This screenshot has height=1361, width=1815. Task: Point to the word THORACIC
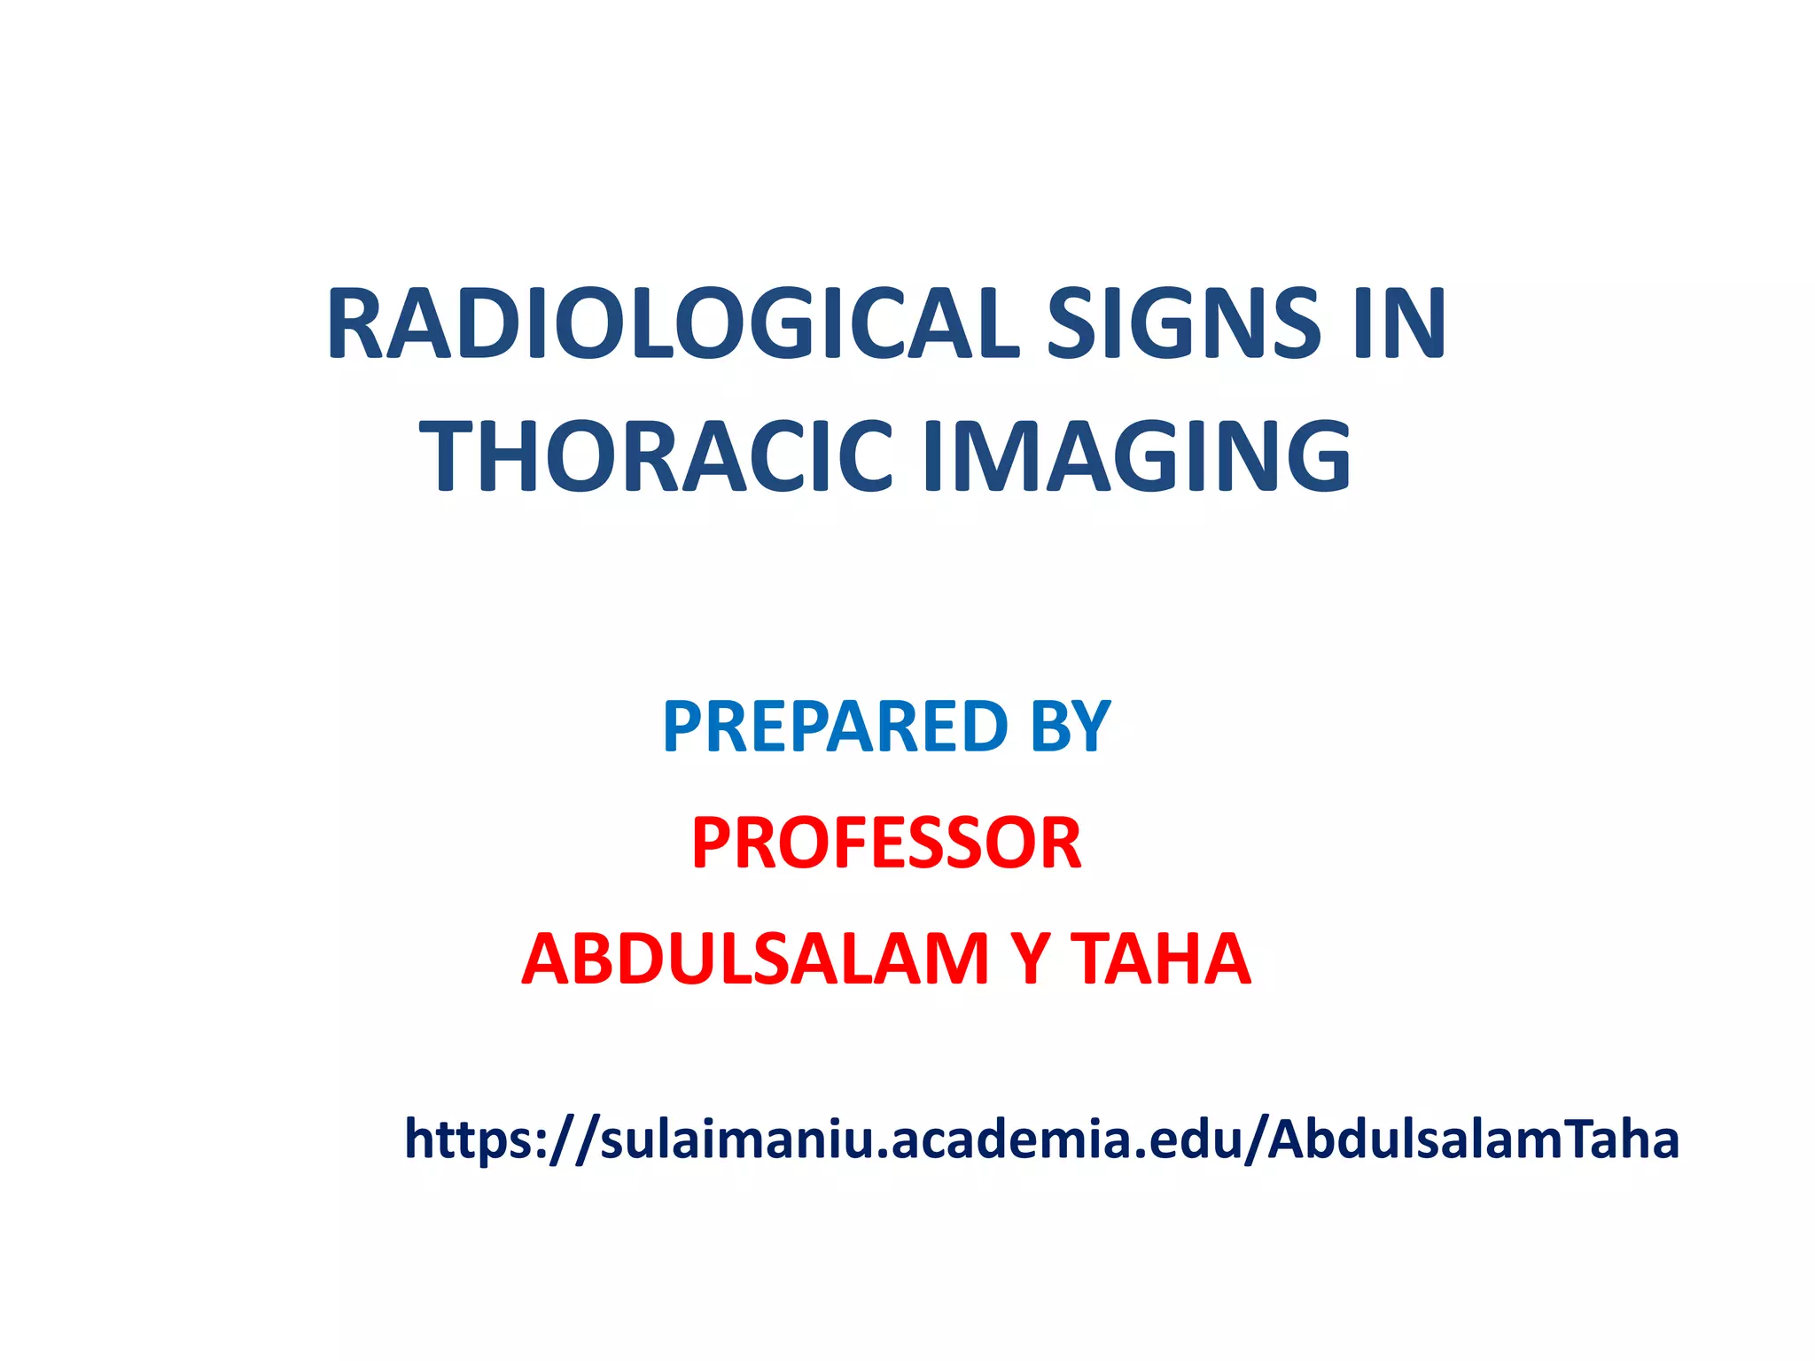[657, 457]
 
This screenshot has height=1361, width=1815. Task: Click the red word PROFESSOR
[886, 843]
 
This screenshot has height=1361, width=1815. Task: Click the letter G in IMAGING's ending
[1312, 457]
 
